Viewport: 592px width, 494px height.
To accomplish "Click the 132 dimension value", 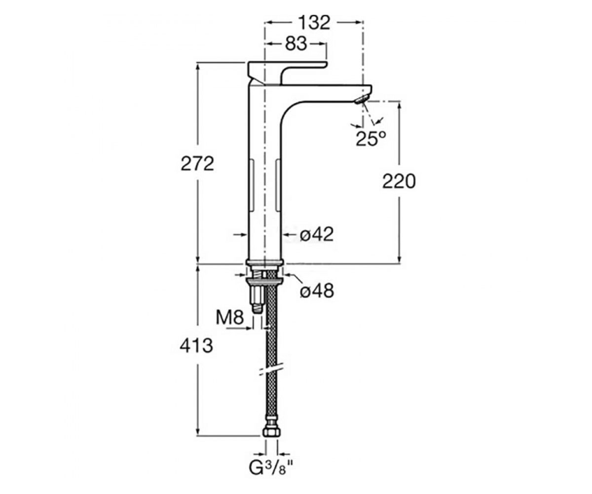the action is tap(315, 22).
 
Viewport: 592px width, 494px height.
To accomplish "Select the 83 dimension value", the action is tap(296, 44).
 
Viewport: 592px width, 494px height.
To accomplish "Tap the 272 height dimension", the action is tap(197, 164).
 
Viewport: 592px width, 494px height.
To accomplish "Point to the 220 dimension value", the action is tap(399, 181).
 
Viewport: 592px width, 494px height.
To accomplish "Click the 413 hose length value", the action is tap(196, 346).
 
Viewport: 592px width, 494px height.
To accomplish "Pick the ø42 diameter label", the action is tap(317, 235).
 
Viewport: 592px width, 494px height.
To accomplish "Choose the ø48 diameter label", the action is tap(317, 291).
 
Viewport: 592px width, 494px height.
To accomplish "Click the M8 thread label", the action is tap(230, 317).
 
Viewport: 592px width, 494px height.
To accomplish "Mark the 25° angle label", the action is tap(371, 138).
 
